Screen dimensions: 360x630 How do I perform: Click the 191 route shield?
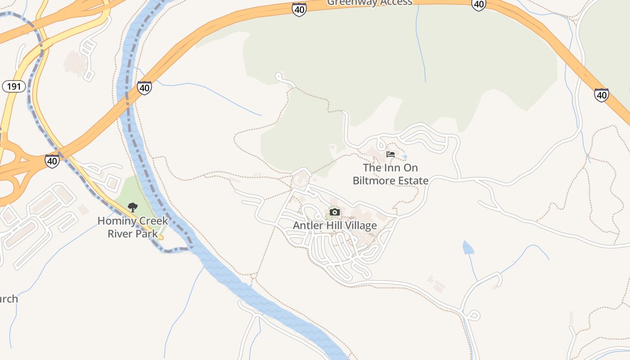pyautogui.click(x=13, y=86)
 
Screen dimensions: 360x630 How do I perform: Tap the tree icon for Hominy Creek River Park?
pyautogui.click(x=132, y=207)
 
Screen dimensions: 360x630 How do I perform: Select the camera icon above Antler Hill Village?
pyautogui.click(x=334, y=212)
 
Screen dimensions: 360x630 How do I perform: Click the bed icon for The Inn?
pyautogui.click(x=391, y=154)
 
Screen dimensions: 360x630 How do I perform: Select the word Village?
pyautogui.click(x=360, y=225)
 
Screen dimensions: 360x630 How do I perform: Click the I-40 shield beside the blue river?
pyautogui.click(x=144, y=87)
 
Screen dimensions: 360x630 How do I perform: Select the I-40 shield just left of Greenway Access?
pyautogui.click(x=299, y=9)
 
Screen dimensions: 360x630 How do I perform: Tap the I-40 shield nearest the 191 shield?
pyautogui.click(x=52, y=161)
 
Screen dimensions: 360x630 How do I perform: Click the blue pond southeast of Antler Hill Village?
pyautogui.click(x=468, y=247)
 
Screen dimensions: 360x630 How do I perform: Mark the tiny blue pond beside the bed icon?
pyautogui.click(x=405, y=157)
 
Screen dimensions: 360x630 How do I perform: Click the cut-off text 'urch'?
pyautogui.click(x=9, y=299)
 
